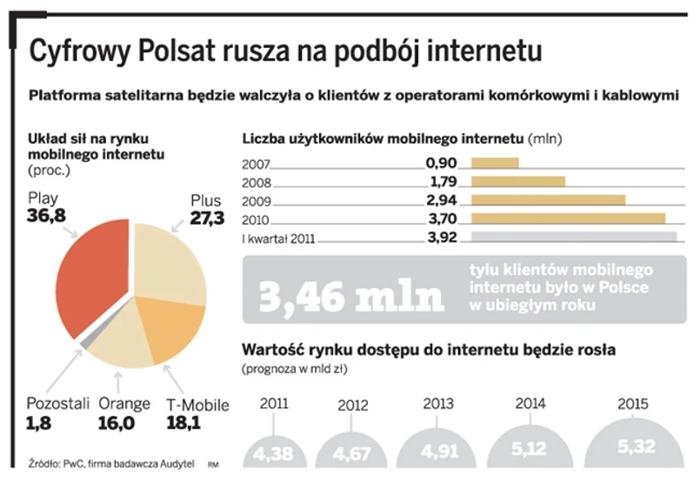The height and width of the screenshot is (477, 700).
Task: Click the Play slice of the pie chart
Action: coord(87,270)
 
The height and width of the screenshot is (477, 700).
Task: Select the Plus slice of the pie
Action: coord(170,261)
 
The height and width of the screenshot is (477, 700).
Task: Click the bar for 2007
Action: coord(494,163)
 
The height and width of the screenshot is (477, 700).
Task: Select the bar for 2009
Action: coord(547,199)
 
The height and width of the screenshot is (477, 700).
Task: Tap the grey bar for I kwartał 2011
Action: coord(573,237)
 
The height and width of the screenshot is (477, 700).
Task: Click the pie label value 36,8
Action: coord(47,215)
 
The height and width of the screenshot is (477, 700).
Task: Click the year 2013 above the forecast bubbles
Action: coord(438,404)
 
